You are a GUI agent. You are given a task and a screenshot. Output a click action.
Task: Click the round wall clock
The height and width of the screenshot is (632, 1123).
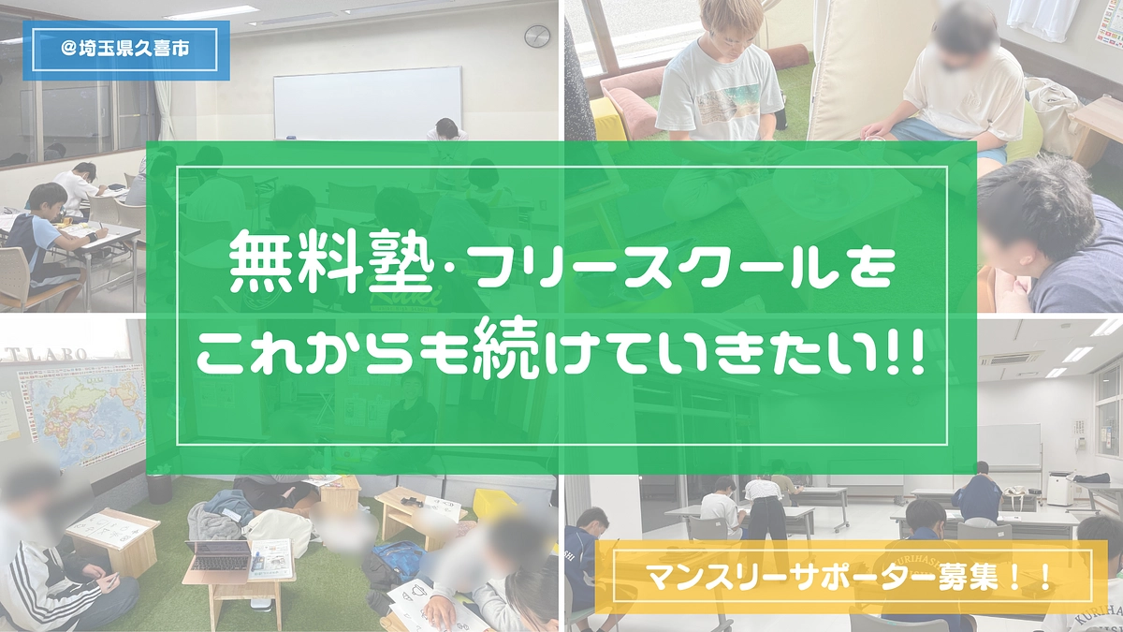tap(536, 37)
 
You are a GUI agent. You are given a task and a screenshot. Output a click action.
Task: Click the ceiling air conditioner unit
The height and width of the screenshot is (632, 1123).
tap(1009, 359)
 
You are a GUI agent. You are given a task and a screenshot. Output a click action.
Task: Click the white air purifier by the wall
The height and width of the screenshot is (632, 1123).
tap(1059, 488)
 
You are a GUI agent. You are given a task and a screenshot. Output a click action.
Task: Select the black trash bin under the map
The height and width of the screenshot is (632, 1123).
tap(160, 487)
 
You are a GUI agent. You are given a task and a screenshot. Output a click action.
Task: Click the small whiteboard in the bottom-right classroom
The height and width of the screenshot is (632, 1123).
tap(1009, 446)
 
